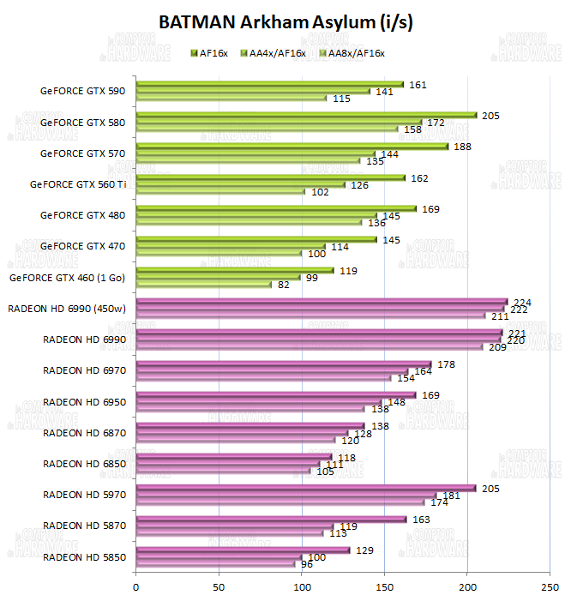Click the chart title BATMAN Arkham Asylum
point(285,23)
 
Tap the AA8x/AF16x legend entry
point(352,53)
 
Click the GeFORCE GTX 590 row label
point(82,91)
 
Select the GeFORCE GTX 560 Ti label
point(77,183)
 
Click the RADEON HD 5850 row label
point(83,556)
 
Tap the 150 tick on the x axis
point(384,587)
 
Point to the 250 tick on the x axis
point(550,587)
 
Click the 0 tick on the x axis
point(136,587)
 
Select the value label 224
point(522,302)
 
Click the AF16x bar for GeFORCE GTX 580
point(306,115)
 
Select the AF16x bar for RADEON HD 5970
point(306,488)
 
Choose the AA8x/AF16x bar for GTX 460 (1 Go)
point(203,285)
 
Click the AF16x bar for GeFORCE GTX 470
point(256,239)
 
